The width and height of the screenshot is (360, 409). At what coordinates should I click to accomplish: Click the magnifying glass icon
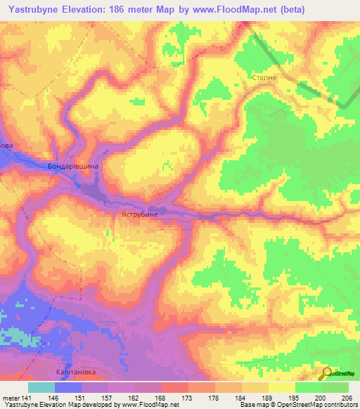point(326,374)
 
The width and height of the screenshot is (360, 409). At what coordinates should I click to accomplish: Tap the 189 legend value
point(268,397)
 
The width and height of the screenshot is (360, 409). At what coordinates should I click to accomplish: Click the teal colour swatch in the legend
point(41,387)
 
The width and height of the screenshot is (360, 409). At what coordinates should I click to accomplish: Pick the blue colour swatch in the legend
point(68,387)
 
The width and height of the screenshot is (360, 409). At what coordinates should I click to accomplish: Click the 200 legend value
point(321,397)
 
